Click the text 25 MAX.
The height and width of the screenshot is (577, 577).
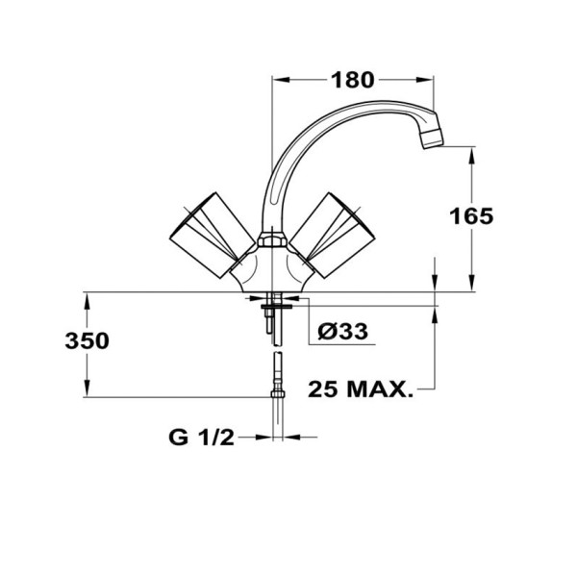pyautogui.click(x=361, y=389)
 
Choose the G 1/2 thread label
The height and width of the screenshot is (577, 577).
pyautogui.click(x=202, y=438)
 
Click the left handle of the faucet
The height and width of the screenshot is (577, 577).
pyautogui.click(x=208, y=232)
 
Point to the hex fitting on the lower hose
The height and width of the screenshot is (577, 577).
pyautogui.click(x=276, y=394)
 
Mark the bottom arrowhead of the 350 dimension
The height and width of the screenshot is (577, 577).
pyautogui.click(x=88, y=389)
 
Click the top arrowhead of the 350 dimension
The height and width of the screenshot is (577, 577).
pyautogui.click(x=88, y=299)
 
